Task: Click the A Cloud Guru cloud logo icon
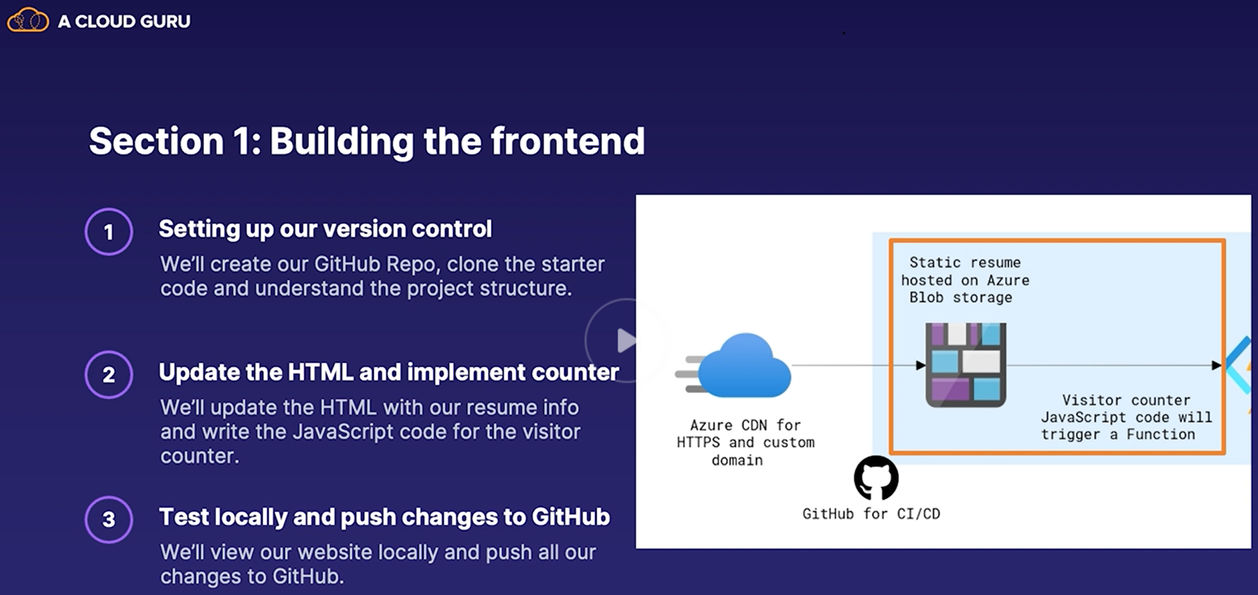click(28, 20)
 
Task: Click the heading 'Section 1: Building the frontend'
click(367, 141)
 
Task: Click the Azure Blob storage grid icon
click(966, 365)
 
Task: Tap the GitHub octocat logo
click(876, 478)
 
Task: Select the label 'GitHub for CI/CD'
click(871, 514)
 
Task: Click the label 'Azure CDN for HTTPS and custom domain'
click(746, 443)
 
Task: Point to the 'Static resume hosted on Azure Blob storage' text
click(965, 280)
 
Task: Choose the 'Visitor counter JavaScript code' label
click(1127, 417)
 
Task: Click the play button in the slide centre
click(626, 341)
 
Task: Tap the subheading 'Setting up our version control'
click(325, 229)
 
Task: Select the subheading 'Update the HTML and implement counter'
click(389, 372)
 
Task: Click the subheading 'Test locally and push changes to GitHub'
click(385, 517)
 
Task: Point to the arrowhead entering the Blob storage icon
click(921, 365)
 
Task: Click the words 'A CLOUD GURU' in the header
click(124, 22)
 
